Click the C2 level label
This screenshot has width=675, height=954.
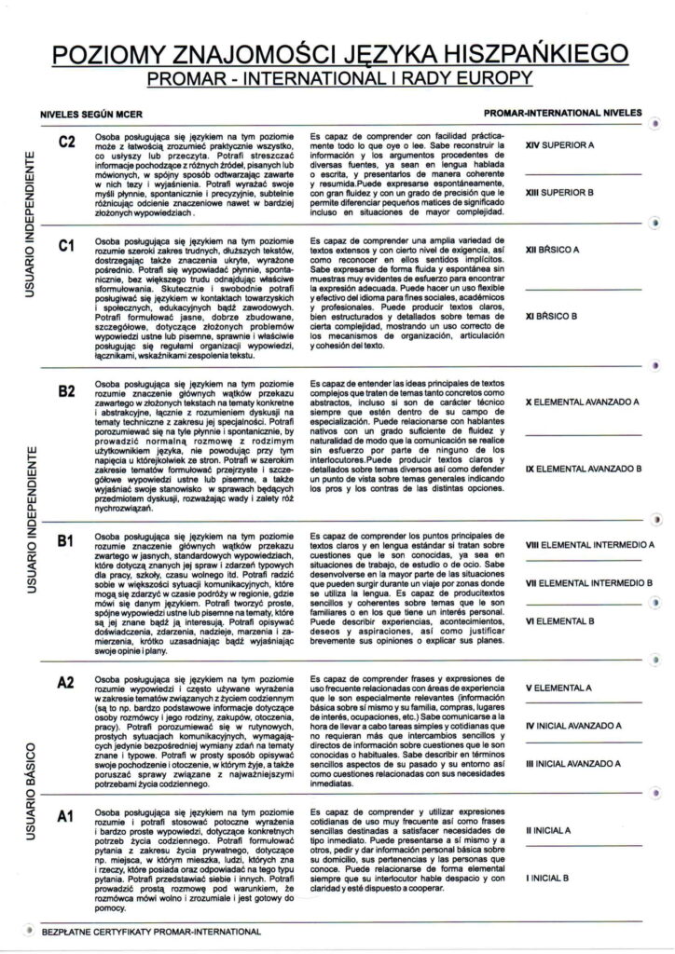click(x=66, y=143)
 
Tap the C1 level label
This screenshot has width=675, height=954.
click(x=66, y=247)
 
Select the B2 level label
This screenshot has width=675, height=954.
click(x=66, y=391)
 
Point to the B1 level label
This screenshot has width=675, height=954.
click(x=66, y=541)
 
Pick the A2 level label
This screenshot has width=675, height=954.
click(x=65, y=682)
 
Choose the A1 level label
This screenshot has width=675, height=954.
click(x=65, y=817)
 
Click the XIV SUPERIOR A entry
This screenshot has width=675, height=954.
click(x=560, y=145)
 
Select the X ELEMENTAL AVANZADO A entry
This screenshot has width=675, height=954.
click(x=581, y=403)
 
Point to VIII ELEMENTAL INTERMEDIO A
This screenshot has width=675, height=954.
click(x=589, y=544)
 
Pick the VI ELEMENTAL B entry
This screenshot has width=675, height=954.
click(x=562, y=620)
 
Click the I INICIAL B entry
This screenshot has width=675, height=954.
click(x=554, y=877)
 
